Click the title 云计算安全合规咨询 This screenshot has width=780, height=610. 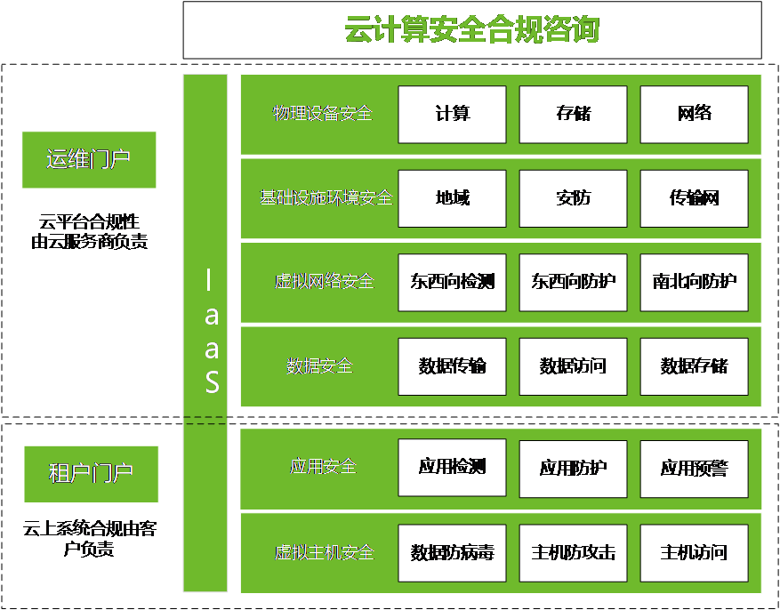471,30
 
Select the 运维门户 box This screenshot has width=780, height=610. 89,160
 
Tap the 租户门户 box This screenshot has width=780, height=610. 91,474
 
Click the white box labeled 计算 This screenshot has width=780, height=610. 452,114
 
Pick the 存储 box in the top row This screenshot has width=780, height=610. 573,114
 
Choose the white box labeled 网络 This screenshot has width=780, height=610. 694,114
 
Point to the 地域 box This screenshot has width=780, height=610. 452,198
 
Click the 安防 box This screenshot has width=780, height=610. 573,198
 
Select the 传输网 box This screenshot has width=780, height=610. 694,198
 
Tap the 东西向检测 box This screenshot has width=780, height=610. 452,282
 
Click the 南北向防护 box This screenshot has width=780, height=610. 694,282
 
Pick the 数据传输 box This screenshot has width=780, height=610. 452,366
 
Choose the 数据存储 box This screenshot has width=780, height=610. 694,366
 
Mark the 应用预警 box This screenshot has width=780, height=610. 694,468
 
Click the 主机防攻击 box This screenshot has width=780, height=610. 573,552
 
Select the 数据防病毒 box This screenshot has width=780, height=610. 452,552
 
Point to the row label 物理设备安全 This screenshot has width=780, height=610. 322,114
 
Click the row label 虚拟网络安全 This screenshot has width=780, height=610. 324,282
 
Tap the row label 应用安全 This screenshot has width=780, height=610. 322,466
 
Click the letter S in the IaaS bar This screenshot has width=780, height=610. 212,381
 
